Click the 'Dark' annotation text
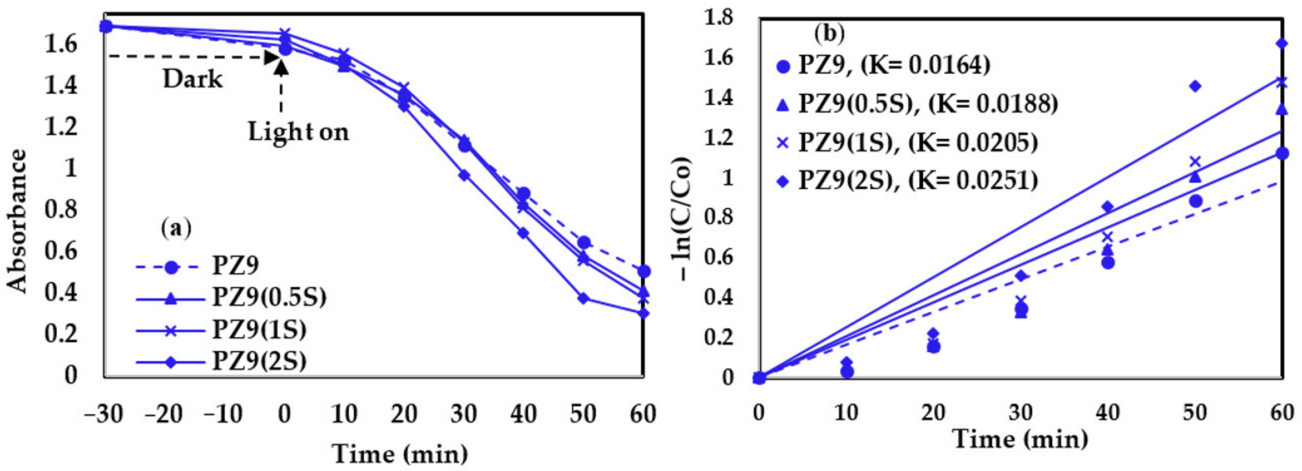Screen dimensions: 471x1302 click(193, 79)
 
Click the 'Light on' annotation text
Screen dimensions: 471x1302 click(298, 132)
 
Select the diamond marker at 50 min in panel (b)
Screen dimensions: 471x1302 click(1195, 86)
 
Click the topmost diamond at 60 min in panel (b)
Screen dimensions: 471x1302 click(1281, 43)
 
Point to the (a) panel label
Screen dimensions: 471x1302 click(176, 228)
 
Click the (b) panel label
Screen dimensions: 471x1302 click(829, 34)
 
